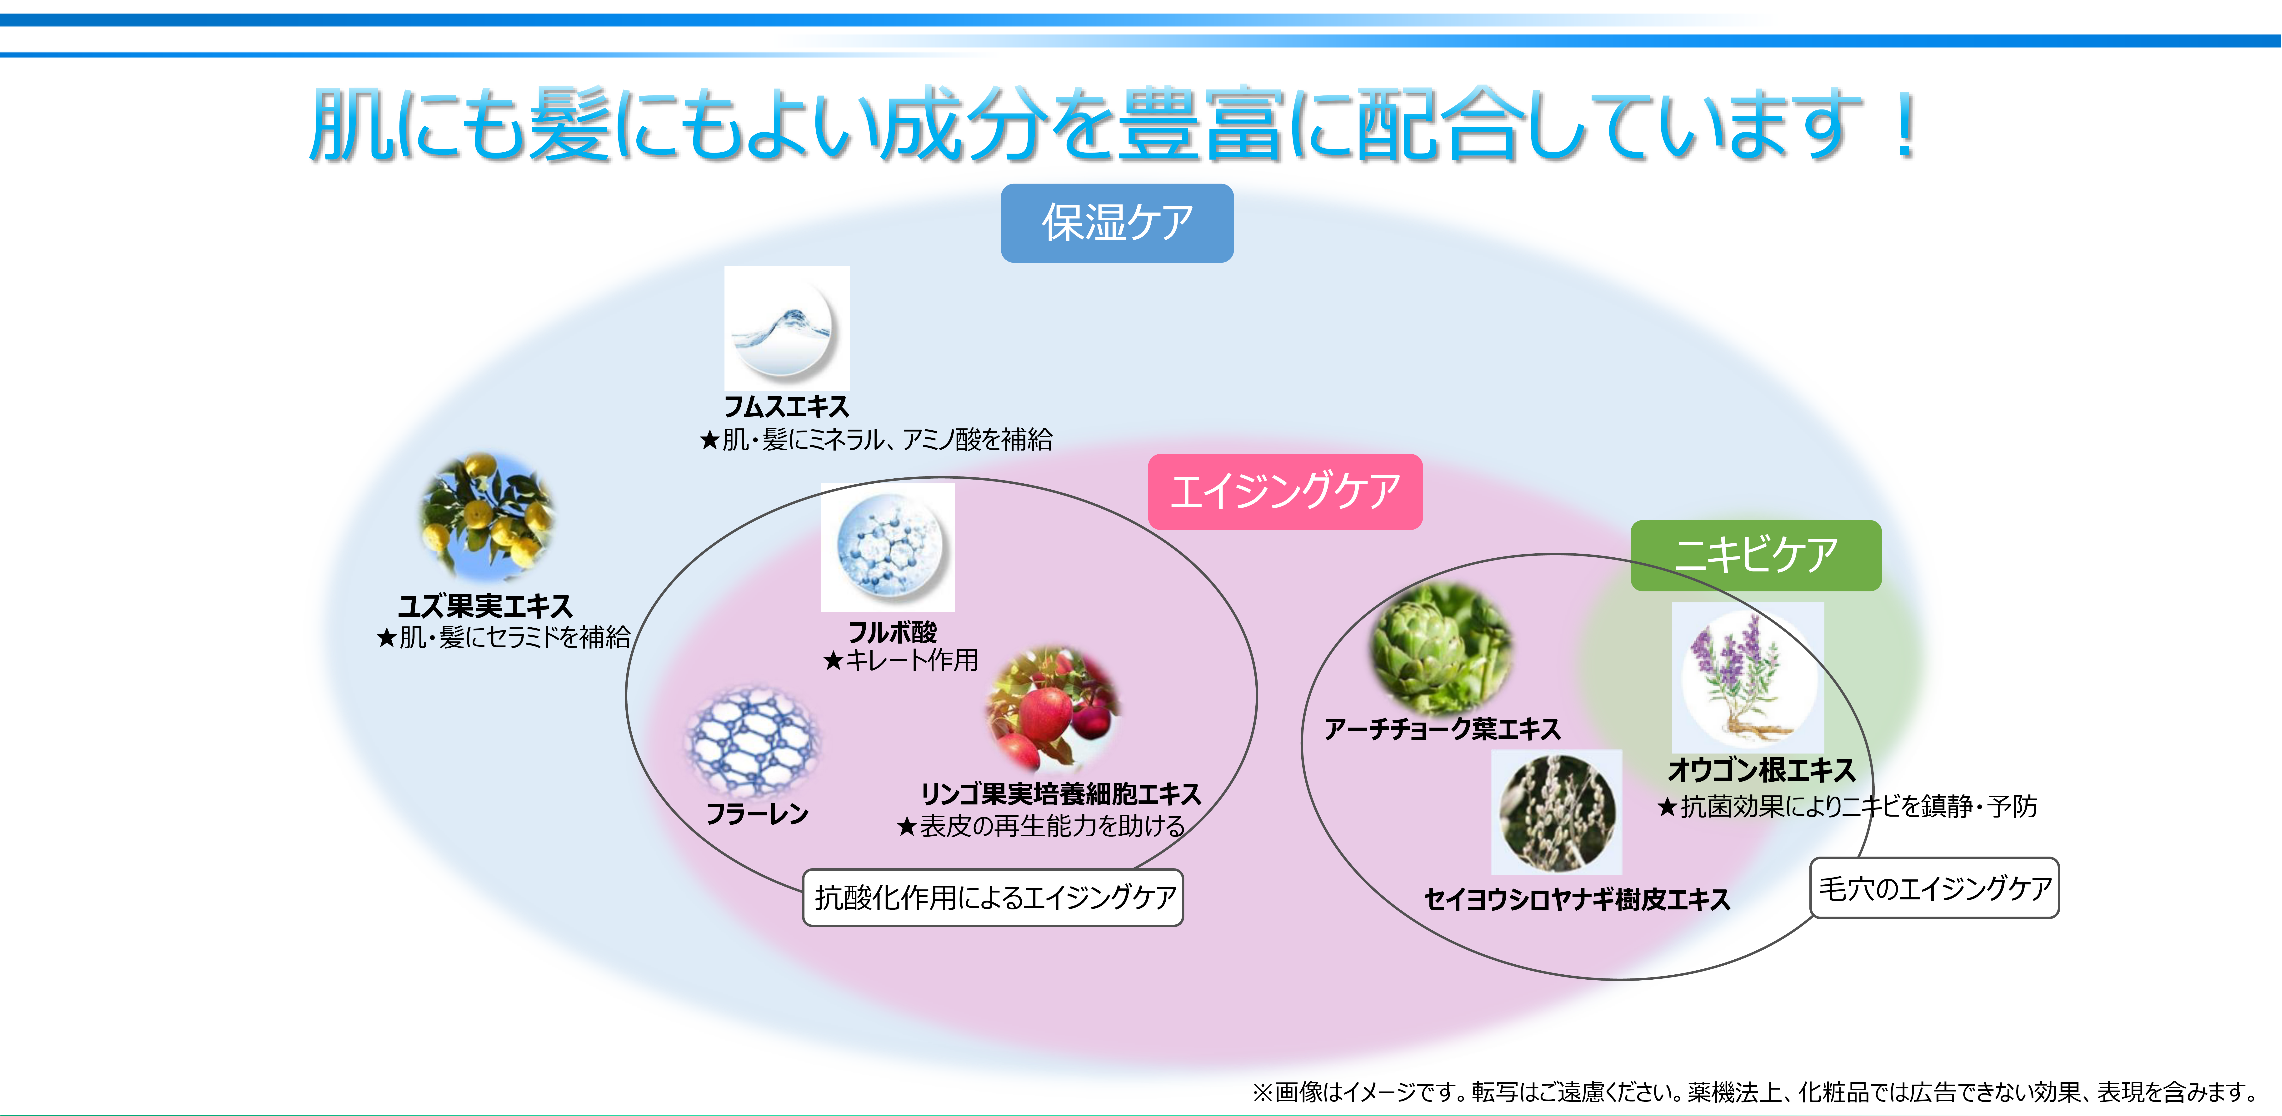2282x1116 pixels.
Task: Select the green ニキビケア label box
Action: [1756, 555]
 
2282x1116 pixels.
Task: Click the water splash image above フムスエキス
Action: [787, 329]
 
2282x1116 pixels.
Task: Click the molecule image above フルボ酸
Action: [888, 547]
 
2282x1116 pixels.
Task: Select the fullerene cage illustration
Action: [752, 739]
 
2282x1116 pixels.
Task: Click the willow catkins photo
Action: [1557, 812]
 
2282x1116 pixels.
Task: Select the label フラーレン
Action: [757, 813]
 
